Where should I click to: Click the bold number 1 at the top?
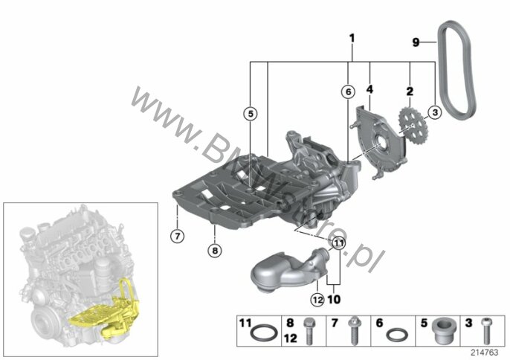coord(352,39)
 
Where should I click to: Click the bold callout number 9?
coord(416,42)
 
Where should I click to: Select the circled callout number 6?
coord(349,92)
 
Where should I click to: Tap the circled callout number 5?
coord(251,114)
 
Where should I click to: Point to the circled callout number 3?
coord(435,112)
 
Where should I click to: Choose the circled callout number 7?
coord(177,236)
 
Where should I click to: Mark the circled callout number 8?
coord(215,251)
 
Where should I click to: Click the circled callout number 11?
coord(338,242)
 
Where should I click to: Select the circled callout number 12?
coord(317,299)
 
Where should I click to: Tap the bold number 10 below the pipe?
coord(334,299)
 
